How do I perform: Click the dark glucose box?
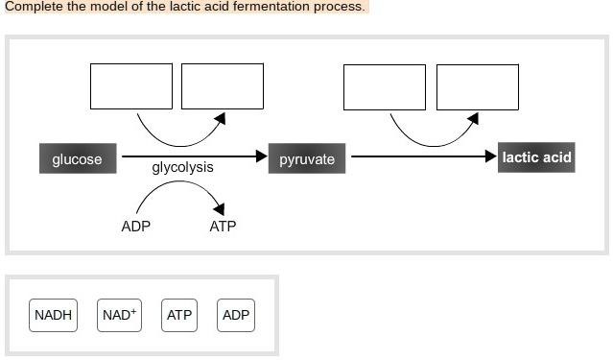77,158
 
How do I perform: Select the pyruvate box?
307,158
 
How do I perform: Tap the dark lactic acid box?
536,156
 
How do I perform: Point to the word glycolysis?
182,168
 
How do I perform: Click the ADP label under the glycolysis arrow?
135,227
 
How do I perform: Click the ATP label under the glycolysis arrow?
223,227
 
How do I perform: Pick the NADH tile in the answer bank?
53,315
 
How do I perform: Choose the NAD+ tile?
119,315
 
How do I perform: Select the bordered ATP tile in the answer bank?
179,315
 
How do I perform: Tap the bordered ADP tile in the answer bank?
236,315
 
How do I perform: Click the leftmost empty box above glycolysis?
131,86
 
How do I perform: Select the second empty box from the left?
223,86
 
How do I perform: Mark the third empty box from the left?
385,86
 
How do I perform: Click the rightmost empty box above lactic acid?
477,86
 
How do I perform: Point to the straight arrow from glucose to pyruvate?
192,156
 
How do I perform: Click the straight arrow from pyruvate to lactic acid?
422,156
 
